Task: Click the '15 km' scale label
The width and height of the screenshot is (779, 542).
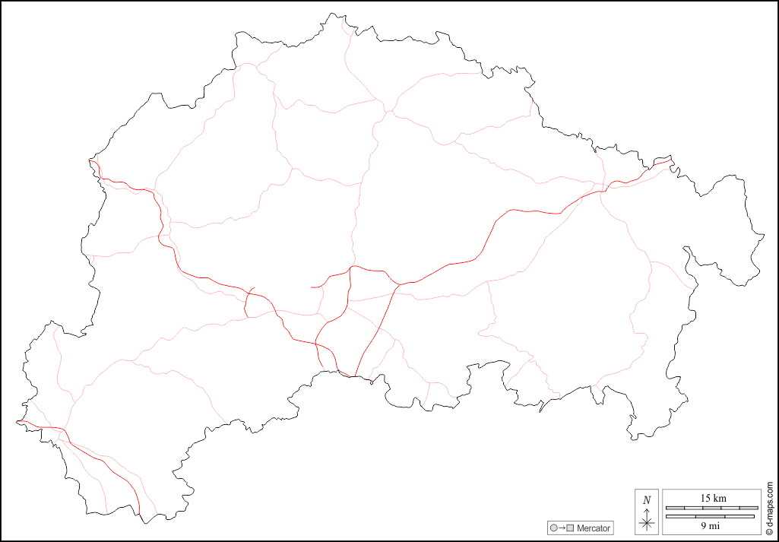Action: click(x=713, y=498)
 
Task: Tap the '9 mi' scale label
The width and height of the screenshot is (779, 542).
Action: click(x=711, y=524)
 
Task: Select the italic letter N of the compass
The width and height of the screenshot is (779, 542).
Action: click(x=647, y=500)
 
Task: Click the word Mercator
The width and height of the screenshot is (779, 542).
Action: click(x=594, y=528)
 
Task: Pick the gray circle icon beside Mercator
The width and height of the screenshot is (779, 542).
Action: click(x=553, y=528)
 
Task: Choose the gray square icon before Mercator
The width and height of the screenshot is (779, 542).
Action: click(x=569, y=528)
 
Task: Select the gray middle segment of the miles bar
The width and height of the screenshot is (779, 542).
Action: click(x=711, y=516)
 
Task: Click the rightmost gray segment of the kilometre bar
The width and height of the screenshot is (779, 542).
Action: click(x=749, y=507)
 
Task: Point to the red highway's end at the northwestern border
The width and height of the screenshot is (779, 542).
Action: click(x=93, y=160)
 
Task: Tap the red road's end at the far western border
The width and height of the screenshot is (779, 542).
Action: click(x=18, y=421)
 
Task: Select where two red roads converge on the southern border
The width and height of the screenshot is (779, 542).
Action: click(x=355, y=376)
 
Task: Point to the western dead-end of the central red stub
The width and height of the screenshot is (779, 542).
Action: click(x=312, y=287)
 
